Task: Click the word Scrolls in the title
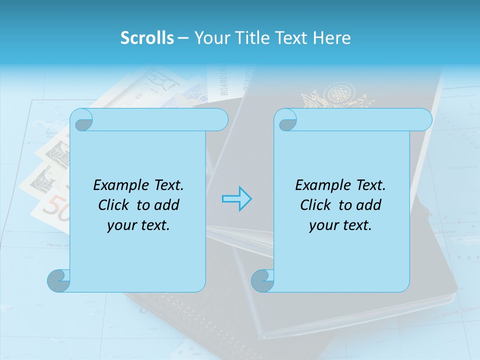coord(147,38)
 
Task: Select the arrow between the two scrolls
coord(236,199)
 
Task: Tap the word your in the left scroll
coord(120,225)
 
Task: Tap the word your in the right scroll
coord(322,225)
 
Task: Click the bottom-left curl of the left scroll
coord(59,280)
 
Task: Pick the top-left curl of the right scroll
coord(286,120)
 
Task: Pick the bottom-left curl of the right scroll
coord(263,280)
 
